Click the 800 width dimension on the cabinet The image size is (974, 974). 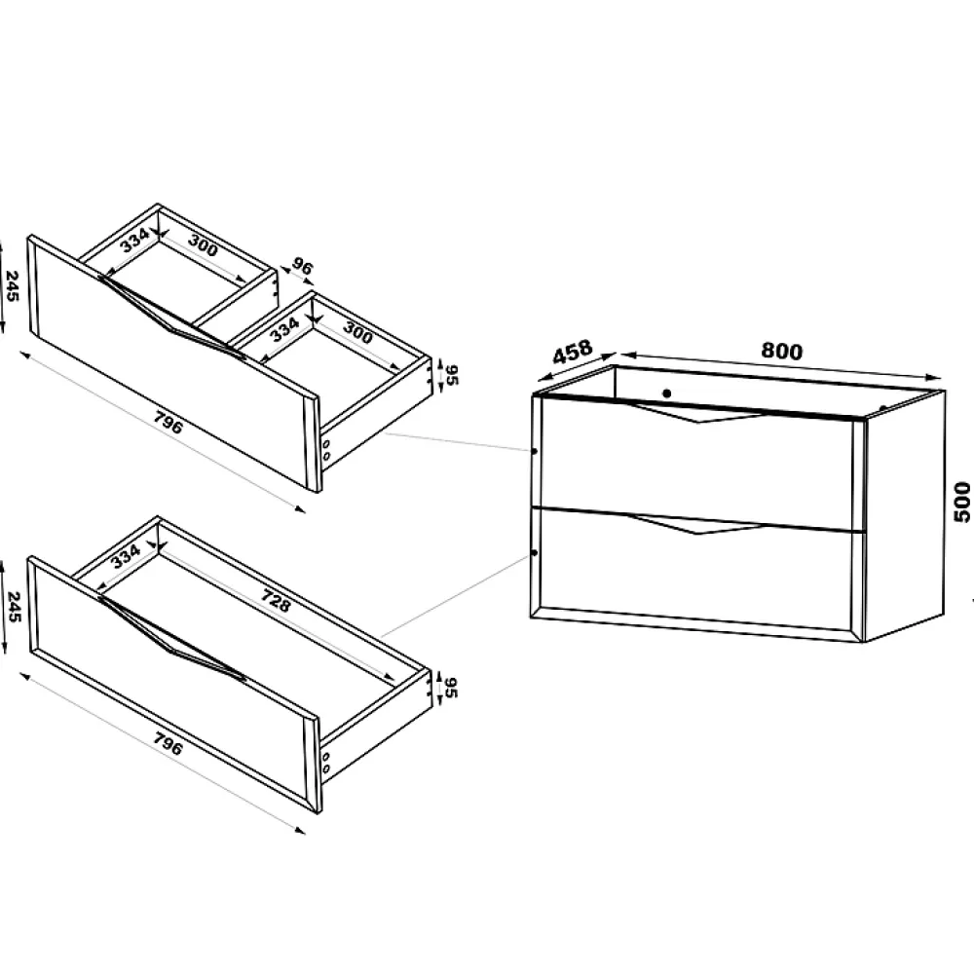781,352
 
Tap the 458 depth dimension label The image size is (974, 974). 572,352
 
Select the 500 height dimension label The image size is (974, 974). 961,502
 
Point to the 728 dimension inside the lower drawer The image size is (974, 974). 276,601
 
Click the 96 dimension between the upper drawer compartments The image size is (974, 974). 302,267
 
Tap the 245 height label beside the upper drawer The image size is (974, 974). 13,286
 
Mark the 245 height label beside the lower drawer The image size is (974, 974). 13,607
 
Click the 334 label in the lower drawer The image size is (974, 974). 126,555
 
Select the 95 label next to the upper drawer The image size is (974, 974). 452,375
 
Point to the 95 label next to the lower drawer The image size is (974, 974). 452,688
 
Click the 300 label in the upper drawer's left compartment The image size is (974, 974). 204,245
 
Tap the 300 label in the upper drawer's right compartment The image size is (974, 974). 357,333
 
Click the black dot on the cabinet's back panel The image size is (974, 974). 667,393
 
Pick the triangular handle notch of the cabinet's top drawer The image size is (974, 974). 698,413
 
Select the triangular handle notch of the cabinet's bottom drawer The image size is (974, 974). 698,524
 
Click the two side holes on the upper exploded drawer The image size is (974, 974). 326,450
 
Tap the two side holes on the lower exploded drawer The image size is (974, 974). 326,763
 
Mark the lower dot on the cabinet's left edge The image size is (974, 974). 535,552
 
